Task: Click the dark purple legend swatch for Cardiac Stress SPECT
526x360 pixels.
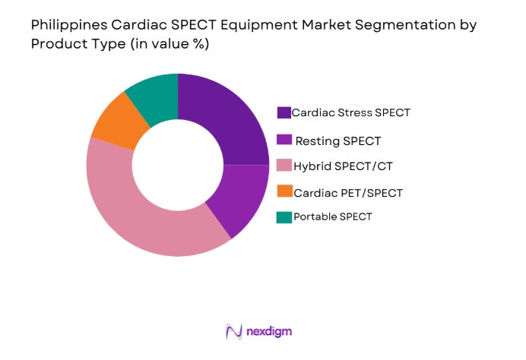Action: pos(284,113)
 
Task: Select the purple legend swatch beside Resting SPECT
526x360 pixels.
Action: pos(284,141)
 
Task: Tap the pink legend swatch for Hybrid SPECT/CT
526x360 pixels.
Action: pos(284,166)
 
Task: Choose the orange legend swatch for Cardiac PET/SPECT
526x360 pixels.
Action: pos(284,192)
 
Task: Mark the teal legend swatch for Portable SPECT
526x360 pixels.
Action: pos(284,217)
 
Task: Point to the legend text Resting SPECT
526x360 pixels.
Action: pos(337,141)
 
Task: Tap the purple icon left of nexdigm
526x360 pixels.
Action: pos(233,331)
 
